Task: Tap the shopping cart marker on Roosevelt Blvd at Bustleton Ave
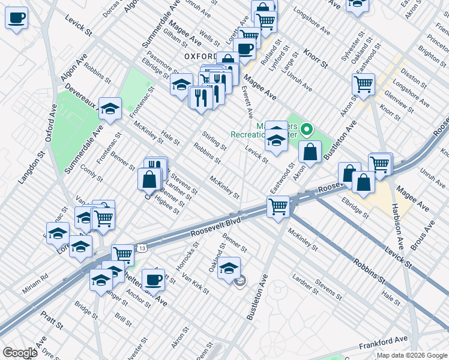pyautogui.click(x=279, y=206)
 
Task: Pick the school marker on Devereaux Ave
pyautogui.click(x=110, y=108)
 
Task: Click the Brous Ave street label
pyautogui.click(x=423, y=235)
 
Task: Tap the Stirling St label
pyautogui.click(x=214, y=143)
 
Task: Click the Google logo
pyautogui.click(x=20, y=353)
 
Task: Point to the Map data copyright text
pyautogui.click(x=411, y=355)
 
